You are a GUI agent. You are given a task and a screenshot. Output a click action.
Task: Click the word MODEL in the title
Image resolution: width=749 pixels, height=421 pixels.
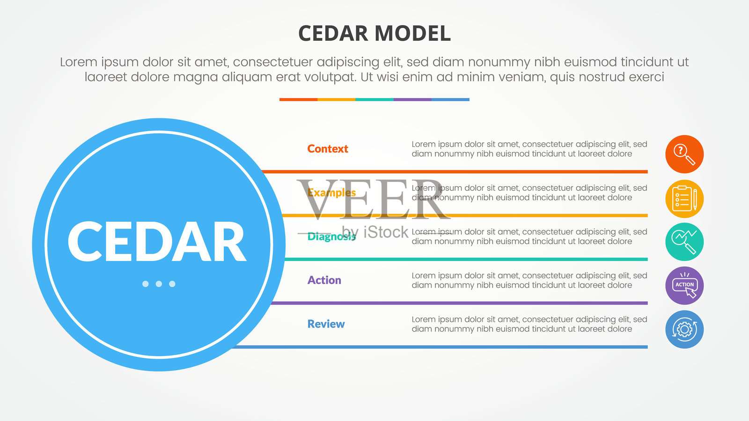412,33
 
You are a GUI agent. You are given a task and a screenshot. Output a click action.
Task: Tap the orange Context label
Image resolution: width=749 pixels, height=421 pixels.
328,149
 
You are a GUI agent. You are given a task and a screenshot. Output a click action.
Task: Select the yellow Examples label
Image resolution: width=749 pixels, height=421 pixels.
331,193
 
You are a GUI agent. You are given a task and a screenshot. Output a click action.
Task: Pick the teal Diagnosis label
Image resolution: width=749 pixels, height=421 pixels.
331,237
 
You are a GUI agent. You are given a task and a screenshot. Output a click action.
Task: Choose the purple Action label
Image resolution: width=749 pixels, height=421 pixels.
324,280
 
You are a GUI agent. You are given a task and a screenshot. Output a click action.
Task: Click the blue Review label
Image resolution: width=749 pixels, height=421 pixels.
326,324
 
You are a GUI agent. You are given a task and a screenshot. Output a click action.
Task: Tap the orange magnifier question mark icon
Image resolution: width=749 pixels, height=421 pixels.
684,154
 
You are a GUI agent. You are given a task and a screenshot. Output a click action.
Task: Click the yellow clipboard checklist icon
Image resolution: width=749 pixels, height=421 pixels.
684,199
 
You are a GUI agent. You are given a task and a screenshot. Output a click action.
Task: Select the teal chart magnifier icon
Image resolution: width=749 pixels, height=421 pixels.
684,242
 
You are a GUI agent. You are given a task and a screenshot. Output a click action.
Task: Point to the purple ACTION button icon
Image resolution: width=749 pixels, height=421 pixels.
684,286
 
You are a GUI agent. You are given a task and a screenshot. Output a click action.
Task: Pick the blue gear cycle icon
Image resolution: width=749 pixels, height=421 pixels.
684,329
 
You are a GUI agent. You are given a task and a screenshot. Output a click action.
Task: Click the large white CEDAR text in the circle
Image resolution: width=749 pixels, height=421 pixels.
157,241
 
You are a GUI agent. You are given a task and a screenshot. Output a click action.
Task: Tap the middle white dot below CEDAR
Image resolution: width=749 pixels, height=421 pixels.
159,284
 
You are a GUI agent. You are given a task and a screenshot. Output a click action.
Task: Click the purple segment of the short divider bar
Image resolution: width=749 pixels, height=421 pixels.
412,100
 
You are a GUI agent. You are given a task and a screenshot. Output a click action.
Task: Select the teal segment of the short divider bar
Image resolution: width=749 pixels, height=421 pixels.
374,100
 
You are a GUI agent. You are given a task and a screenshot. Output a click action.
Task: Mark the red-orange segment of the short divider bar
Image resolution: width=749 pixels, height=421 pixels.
299,100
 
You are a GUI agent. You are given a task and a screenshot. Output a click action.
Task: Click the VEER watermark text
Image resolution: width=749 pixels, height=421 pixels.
374,199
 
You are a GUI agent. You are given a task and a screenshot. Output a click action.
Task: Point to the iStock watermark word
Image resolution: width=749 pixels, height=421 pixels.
386,232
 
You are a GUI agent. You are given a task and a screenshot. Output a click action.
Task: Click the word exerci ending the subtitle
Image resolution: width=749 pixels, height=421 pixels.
646,77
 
